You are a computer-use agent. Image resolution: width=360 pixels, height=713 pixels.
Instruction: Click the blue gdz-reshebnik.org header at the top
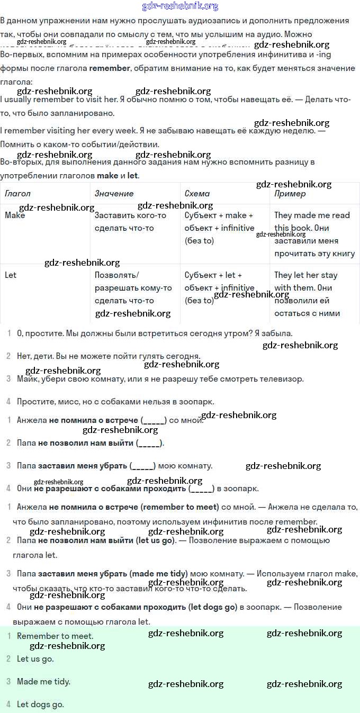pos(180,6)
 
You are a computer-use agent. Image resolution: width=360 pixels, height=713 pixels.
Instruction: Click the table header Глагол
pos(17,194)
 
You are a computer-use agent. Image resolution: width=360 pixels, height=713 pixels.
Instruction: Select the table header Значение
pos(114,194)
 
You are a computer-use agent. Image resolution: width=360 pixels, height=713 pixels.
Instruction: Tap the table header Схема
pos(197,194)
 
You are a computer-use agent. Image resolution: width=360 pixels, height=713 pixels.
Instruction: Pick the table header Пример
pos(290,194)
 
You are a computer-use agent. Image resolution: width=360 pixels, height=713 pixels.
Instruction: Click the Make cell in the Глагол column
pos(15,215)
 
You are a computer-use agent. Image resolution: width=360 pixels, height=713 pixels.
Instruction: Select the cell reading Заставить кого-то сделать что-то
pos(130,222)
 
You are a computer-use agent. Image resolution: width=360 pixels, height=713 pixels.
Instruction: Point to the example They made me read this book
pos(312,222)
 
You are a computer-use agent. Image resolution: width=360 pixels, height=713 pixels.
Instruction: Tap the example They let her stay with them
pos(305,282)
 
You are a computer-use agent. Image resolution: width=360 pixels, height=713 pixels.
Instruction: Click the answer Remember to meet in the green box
pos(55,636)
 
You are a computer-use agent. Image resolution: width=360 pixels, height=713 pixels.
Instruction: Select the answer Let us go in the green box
pos(35,659)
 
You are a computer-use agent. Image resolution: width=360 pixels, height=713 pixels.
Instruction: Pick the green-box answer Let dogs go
pos(40,705)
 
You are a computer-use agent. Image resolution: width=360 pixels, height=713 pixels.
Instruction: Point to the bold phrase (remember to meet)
pos(180,507)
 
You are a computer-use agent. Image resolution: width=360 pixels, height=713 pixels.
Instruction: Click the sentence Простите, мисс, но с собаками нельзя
pos(115,402)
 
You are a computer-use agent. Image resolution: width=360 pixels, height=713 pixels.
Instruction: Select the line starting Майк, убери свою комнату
pos(160,379)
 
